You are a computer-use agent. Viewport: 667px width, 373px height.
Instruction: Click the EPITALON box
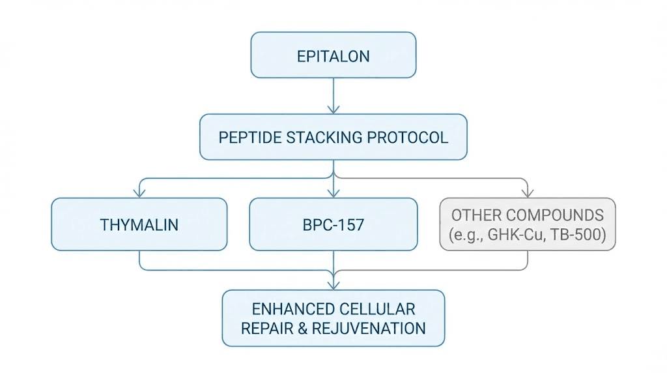click(x=333, y=55)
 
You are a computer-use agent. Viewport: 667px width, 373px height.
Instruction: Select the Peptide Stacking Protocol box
click(x=333, y=138)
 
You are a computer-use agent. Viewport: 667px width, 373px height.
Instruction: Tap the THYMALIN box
click(x=139, y=225)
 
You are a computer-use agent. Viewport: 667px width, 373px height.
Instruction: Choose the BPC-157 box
click(x=333, y=225)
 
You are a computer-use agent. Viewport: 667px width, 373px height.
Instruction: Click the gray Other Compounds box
click(x=528, y=225)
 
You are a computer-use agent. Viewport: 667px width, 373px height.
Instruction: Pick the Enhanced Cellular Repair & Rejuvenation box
click(x=333, y=318)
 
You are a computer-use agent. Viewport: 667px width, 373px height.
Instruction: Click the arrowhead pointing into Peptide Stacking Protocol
click(x=333, y=109)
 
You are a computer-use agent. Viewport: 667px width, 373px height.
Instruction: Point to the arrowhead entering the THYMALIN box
click(x=139, y=192)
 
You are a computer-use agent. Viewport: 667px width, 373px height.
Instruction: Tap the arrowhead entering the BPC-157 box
click(x=333, y=192)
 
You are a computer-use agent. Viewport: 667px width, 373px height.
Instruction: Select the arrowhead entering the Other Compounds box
click(x=528, y=192)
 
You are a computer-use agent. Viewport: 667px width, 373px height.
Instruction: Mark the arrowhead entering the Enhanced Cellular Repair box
click(x=333, y=284)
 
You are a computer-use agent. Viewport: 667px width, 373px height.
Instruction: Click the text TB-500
click(x=576, y=236)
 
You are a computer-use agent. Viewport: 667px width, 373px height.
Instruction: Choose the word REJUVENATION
click(x=369, y=328)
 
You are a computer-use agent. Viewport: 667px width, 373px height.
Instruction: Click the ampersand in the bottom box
click(x=302, y=328)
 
